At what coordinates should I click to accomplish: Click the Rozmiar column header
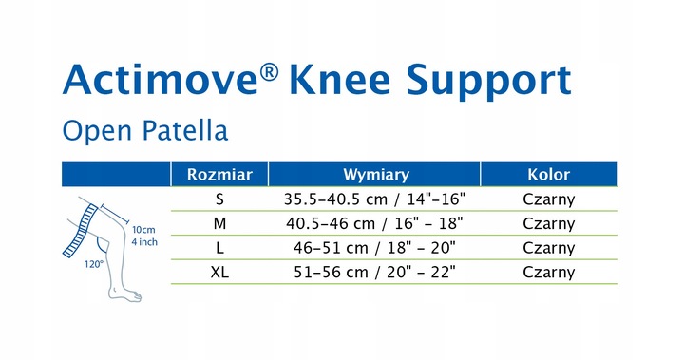click(219, 175)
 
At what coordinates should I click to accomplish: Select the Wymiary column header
click(375, 175)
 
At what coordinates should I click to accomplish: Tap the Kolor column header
click(548, 175)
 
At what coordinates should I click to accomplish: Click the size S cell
click(219, 199)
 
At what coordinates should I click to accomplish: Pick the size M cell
click(219, 223)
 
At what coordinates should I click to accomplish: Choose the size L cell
click(219, 248)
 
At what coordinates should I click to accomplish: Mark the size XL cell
click(219, 272)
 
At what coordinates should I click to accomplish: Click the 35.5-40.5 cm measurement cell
click(375, 199)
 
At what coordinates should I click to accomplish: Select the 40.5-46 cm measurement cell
click(375, 223)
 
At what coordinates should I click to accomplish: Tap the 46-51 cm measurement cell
click(375, 248)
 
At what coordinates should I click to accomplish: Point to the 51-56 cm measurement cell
click(375, 272)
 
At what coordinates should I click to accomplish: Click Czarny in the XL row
click(548, 272)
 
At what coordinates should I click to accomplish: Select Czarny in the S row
click(548, 199)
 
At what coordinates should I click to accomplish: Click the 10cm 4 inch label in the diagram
click(144, 236)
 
